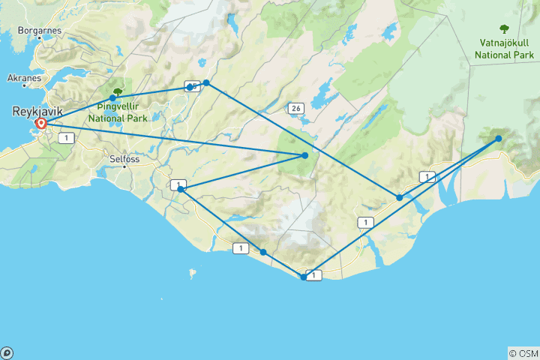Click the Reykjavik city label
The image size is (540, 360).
[36, 112]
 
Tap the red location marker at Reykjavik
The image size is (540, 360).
[41, 124]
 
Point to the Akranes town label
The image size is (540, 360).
[25, 77]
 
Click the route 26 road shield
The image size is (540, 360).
[297, 109]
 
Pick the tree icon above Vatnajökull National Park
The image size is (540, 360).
[503, 30]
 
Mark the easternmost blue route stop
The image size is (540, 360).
[499, 138]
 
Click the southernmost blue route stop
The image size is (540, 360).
[303, 277]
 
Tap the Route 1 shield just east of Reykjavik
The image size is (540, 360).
[68, 138]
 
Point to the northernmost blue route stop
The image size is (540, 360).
[206, 82]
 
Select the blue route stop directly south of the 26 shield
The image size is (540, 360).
[305, 155]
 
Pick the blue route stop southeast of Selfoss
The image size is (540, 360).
[181, 190]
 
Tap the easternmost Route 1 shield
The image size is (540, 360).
[427, 177]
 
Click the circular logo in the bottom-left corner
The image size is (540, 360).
[7, 352]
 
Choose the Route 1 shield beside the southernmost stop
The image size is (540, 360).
[314, 275]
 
